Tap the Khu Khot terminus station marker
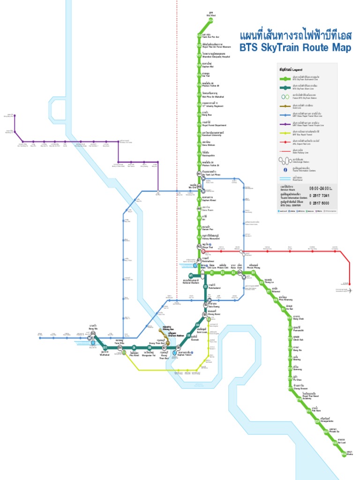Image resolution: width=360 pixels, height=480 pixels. (211, 22)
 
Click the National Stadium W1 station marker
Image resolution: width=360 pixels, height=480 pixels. (191, 275)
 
